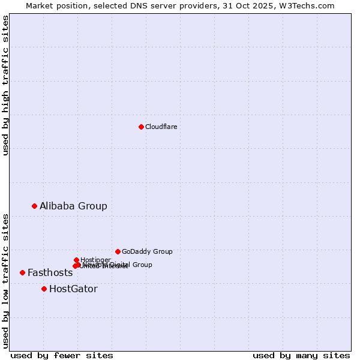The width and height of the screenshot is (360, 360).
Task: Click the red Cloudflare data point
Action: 141,127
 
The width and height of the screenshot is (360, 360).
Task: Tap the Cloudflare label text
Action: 161,127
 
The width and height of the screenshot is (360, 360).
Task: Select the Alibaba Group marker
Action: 34,206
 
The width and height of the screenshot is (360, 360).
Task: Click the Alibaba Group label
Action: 73,206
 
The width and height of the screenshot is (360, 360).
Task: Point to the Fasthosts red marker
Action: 22,272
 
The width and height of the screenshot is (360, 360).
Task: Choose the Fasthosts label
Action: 50,273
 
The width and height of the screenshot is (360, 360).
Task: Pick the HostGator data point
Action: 44,289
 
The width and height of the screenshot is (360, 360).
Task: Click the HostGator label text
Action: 73,289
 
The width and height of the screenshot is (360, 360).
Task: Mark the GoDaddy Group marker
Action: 118,251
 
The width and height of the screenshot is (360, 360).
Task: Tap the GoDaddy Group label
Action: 147,252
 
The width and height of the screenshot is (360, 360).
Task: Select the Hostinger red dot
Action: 76,260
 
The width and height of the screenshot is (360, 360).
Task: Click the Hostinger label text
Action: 95,260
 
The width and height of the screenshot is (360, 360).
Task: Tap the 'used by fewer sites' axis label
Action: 62,355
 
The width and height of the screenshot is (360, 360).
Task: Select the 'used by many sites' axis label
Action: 301,355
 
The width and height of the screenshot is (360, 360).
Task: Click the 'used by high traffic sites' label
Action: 5,85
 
